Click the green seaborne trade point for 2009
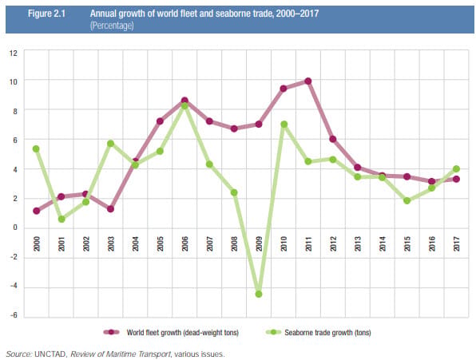[259, 294]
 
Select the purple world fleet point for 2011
[308, 81]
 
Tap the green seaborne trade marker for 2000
[36, 148]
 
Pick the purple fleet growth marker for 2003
[110, 209]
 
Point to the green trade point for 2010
[284, 124]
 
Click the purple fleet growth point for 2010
[284, 89]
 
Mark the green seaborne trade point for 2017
[456, 169]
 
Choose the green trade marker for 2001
[61, 219]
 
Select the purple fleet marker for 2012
[333, 139]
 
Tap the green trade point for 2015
[407, 200]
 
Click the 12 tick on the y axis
[14, 53]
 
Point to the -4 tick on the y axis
[14, 287]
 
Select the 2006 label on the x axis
[184, 243]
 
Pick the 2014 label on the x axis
[383, 243]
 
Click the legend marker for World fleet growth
[111, 332]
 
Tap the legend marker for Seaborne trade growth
[273, 332]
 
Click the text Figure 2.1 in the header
[46, 14]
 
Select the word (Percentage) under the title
[112, 26]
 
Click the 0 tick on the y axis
[15, 227]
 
